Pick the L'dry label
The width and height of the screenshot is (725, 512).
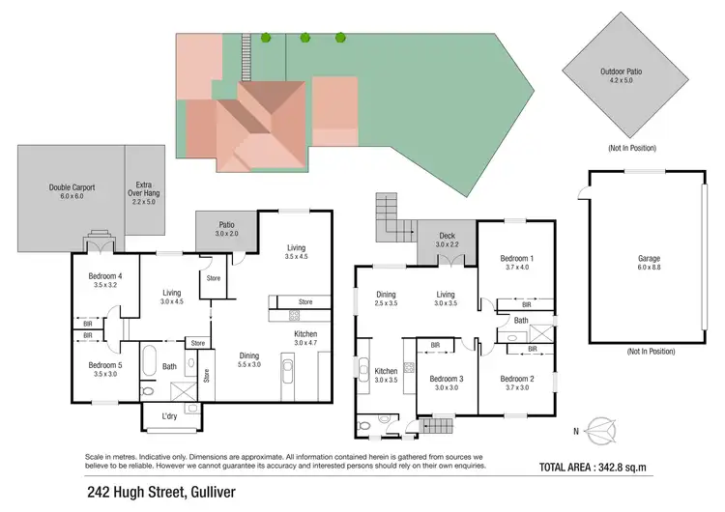click(x=169, y=416)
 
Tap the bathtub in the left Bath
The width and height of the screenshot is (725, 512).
click(x=149, y=361)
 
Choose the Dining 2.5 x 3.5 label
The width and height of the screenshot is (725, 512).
click(x=386, y=299)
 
